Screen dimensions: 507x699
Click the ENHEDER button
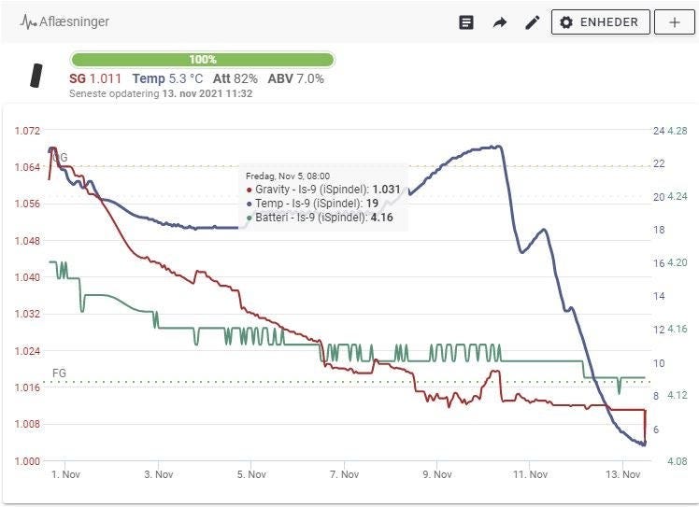(600, 22)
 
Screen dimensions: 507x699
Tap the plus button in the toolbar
(674, 22)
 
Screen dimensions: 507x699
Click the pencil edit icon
(532, 22)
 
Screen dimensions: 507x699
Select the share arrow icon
(499, 22)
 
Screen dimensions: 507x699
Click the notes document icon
(466, 22)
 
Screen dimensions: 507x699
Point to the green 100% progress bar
(202, 60)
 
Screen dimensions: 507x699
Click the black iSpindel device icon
(36, 77)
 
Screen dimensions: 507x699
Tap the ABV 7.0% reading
(296, 79)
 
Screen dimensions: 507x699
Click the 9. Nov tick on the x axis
(437, 474)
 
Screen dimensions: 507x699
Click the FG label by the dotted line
(59, 373)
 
